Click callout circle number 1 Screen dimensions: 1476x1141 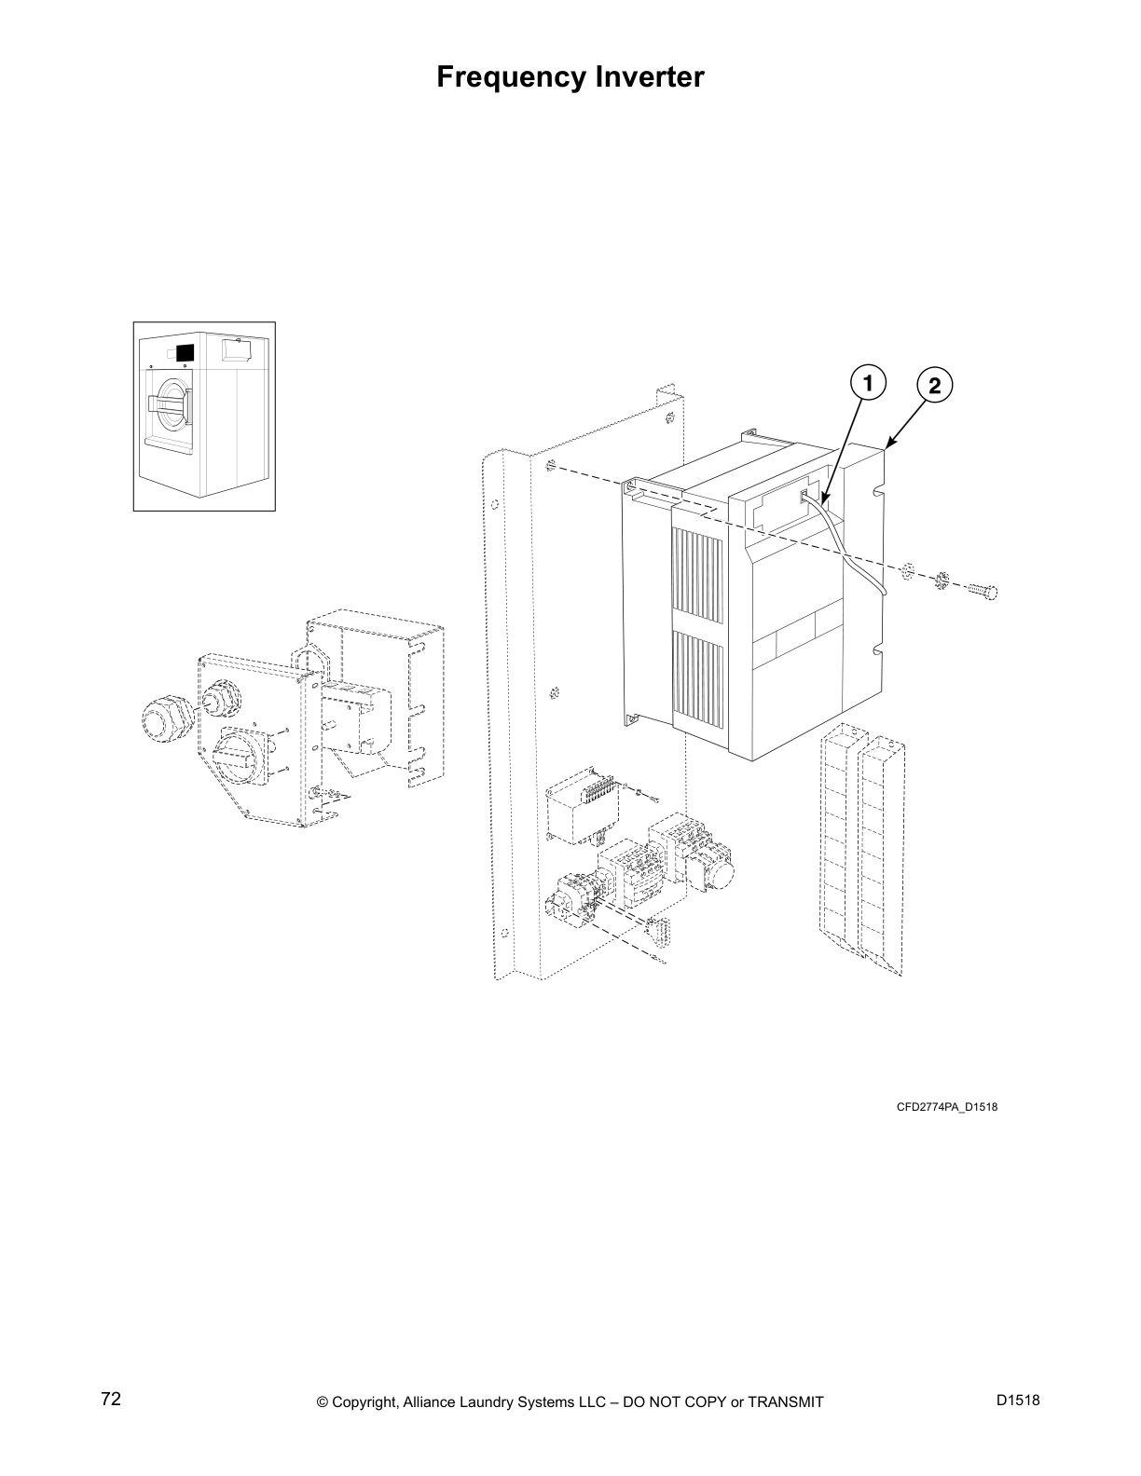tap(867, 383)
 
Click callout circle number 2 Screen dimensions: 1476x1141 tap(934, 386)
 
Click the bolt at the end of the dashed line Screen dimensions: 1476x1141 tap(982, 591)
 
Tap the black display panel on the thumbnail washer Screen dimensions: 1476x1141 tap(185, 353)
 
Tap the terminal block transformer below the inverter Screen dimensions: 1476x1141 tap(581, 808)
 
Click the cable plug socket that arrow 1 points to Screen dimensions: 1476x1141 tap(804, 496)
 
